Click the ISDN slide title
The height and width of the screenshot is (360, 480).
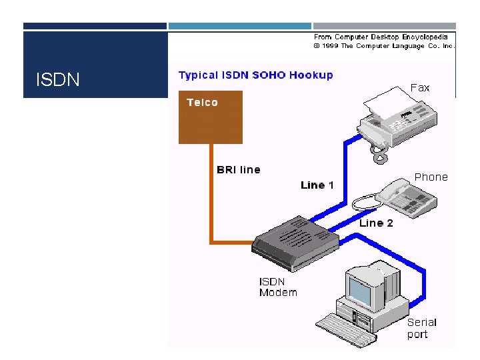[x=58, y=81]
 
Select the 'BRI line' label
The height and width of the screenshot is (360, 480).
[x=239, y=169]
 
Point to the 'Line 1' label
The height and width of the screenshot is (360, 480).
[x=317, y=185]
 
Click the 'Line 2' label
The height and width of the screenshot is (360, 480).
[x=376, y=223]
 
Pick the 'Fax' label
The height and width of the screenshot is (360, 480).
[x=420, y=87]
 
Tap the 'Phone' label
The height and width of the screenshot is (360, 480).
[x=431, y=177]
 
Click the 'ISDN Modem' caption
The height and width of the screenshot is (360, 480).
[x=278, y=287]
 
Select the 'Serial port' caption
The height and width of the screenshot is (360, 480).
[x=422, y=328]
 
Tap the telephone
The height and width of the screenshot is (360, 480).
[x=405, y=195]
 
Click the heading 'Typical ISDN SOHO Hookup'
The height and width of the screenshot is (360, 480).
[x=255, y=75]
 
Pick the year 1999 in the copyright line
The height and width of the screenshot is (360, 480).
[x=330, y=46]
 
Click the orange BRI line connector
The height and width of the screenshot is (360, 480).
[x=211, y=200]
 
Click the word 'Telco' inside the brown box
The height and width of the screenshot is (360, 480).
[x=202, y=103]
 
